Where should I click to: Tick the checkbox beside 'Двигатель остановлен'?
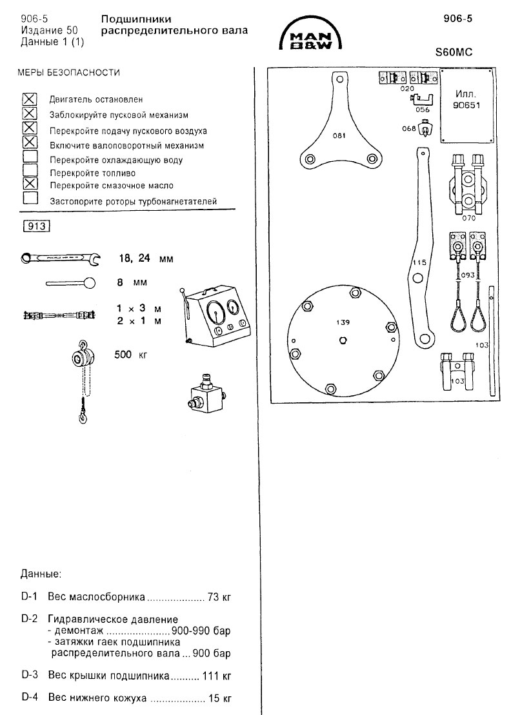pos(30,99)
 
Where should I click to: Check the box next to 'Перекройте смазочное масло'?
pos(30,184)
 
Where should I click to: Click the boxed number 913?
pos(36,226)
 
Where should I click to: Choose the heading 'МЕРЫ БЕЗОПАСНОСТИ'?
pos(68,73)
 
